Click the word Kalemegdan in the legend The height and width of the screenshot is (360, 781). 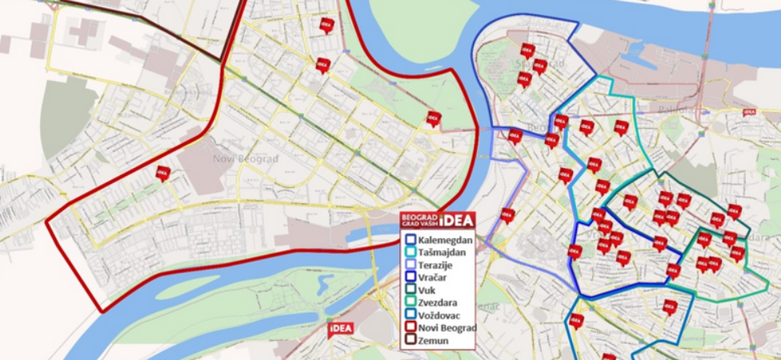point(445,240)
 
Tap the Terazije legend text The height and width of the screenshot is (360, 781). point(438,264)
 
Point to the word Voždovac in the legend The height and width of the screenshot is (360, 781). point(441,315)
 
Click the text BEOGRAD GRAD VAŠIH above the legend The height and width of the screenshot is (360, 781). point(419,220)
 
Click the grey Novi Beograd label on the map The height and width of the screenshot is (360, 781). point(246,158)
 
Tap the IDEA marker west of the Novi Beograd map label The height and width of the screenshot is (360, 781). point(163,173)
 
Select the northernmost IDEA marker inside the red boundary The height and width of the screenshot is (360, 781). point(326,25)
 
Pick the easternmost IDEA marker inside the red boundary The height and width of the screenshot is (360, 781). point(434,118)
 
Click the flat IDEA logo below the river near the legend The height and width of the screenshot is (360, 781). point(340,330)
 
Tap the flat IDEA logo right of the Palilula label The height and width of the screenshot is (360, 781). point(750,112)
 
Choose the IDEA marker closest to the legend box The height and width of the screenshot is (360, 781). point(507,215)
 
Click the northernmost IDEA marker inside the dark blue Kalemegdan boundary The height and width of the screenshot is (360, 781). point(527,50)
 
